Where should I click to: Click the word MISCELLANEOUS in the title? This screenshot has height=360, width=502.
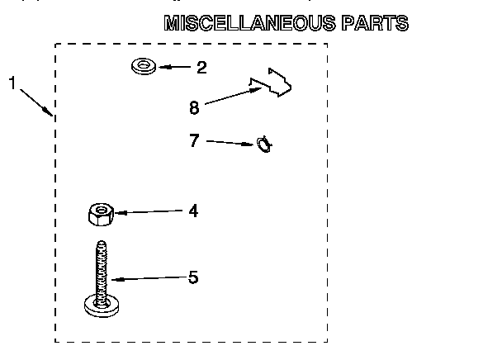250,23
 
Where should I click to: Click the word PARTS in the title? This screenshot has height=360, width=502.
375,23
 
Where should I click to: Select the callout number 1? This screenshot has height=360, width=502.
12,83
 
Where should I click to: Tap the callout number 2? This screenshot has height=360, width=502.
201,68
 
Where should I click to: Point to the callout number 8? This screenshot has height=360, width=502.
194,107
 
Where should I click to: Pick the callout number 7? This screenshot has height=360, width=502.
194,140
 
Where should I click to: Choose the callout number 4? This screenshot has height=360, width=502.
193,211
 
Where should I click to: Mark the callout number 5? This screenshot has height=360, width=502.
193,277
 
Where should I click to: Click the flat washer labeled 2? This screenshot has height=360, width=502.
144,70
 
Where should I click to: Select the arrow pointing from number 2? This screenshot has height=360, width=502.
174,67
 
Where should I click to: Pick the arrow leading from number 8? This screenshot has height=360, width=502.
233,96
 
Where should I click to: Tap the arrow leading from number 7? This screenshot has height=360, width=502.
230,143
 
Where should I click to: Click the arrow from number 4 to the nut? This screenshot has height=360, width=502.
149,211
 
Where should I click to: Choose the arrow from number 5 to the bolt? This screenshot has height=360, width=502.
149,278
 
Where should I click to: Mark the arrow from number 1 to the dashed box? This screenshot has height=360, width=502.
36,102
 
